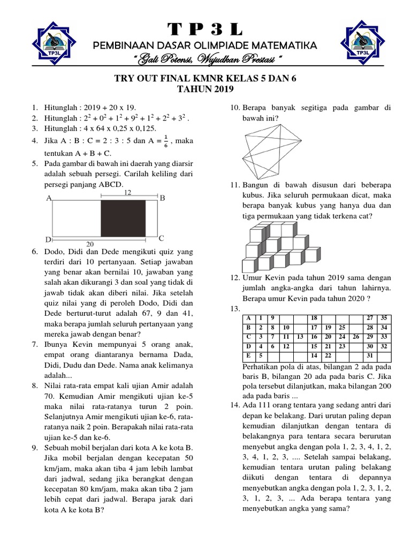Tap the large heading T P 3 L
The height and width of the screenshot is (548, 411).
click(x=205, y=28)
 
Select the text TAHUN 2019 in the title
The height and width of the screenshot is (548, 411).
click(x=205, y=89)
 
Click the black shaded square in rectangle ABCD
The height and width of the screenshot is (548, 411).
click(x=123, y=219)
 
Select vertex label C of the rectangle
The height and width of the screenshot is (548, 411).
click(x=161, y=238)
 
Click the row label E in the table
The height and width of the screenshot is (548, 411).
click(x=248, y=355)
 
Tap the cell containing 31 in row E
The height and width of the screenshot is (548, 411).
click(x=369, y=355)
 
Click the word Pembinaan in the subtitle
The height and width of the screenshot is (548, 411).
click(x=119, y=45)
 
